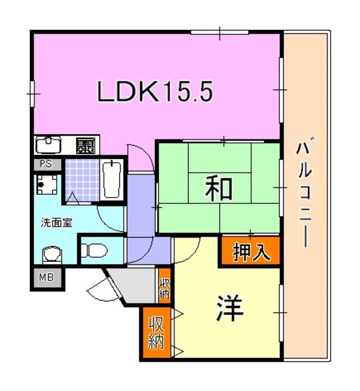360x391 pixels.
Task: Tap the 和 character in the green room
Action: click(218, 188)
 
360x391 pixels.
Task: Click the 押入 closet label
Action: click(251, 252)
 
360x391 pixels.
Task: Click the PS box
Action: click(45, 164)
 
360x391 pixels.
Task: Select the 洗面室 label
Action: click(57, 222)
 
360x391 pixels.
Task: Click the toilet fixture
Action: click(94, 249)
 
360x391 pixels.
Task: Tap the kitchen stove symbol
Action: click(85, 145)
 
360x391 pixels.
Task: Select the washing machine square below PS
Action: click(46, 182)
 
